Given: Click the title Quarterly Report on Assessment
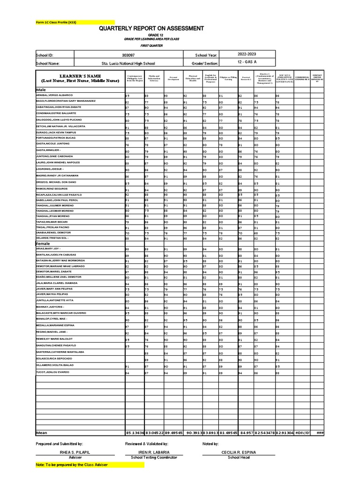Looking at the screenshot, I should pos(151,29).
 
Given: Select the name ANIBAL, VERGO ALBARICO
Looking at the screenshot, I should pos(56,95).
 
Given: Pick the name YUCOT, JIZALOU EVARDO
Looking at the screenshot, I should pos(52,372).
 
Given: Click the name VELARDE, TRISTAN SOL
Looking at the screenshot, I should pos(52,238).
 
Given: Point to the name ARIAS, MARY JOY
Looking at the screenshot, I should pos(49,248).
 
